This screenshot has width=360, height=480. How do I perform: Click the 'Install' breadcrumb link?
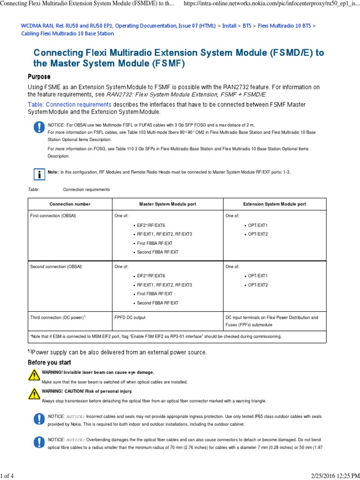[x=229, y=25]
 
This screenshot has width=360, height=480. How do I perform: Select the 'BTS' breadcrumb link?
[x=247, y=25]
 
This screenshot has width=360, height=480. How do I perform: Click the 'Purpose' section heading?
[x=39, y=76]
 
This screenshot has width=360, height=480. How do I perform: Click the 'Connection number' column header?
[x=70, y=204]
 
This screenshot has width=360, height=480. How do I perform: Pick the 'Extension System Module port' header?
[x=275, y=204]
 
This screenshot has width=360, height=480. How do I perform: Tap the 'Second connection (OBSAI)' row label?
[x=56, y=266]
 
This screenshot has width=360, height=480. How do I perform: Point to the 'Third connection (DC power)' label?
[x=57, y=317]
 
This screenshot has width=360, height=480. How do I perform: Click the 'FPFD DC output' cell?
[x=130, y=317]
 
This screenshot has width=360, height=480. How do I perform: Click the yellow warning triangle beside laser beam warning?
[x=34, y=375]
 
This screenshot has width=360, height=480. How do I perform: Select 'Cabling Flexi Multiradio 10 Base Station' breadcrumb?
[x=67, y=34]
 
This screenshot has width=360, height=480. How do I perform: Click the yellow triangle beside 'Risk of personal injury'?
[x=34, y=393]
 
